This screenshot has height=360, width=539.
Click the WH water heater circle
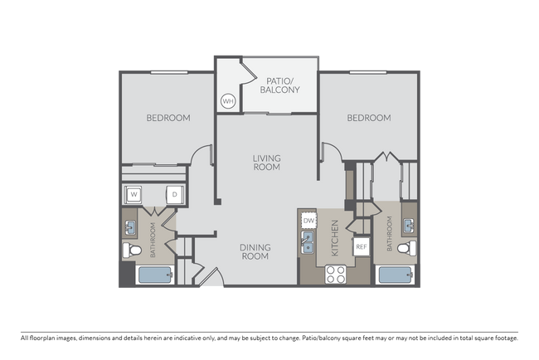228,102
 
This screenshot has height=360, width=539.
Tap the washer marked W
133,195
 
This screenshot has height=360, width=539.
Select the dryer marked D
174,195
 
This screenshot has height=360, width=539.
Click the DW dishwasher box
308,221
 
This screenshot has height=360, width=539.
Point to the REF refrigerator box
361,246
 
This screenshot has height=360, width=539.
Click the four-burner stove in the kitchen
336,274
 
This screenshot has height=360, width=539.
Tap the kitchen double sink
307,242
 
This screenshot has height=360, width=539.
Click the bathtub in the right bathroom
393,275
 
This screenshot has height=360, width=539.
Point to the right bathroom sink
408,224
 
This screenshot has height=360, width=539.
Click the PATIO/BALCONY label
279,84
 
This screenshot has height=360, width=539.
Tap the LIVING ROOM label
266,162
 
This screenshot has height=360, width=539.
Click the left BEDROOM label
168,118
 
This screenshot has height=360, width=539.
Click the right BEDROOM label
368,118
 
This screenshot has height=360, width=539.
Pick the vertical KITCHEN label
335,237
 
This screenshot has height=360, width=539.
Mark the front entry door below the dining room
211,277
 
